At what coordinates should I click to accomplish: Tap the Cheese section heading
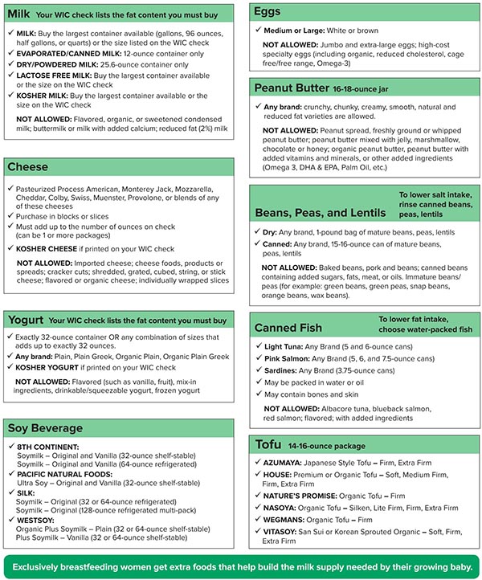28,167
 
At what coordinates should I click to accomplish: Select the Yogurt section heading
26,320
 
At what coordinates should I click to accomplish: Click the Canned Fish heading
288,328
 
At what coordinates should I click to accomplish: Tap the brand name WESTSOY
35,521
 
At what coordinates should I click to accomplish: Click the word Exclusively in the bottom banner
47,566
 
